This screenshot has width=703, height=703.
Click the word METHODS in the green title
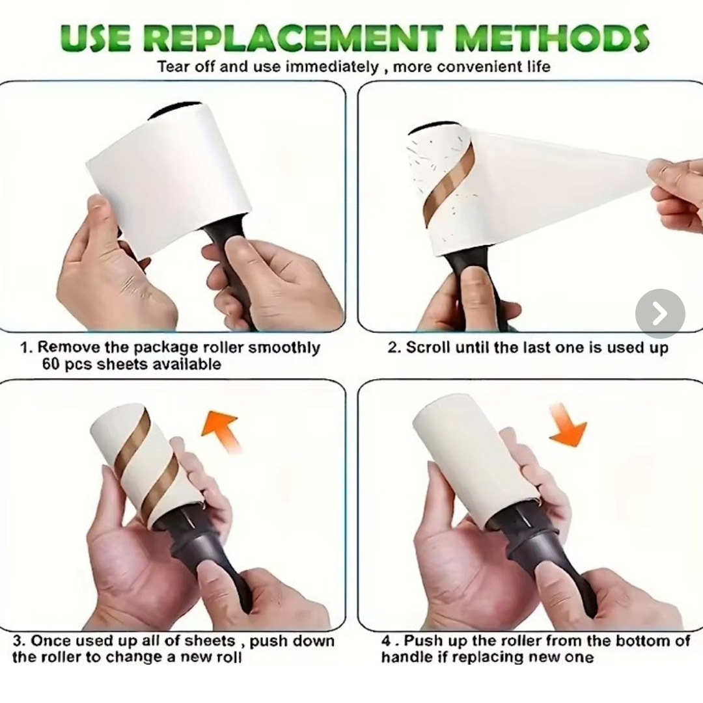551,38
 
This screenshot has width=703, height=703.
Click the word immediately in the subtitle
332,67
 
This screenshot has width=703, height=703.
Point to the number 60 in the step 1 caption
51,364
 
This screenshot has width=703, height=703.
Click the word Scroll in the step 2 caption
428,347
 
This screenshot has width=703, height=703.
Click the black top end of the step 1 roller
175,109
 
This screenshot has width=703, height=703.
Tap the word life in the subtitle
538,67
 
